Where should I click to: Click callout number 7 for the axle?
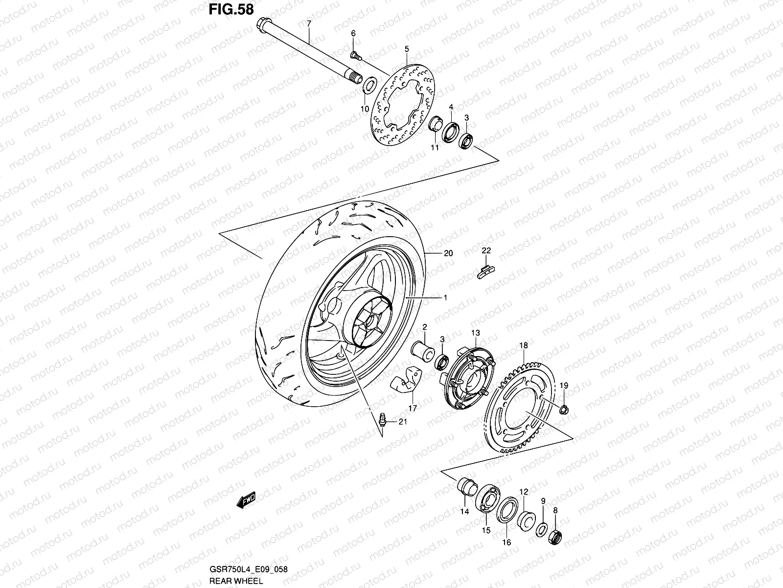point(309,24)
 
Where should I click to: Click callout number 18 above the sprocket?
point(523,345)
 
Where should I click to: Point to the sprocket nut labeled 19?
point(564,409)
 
